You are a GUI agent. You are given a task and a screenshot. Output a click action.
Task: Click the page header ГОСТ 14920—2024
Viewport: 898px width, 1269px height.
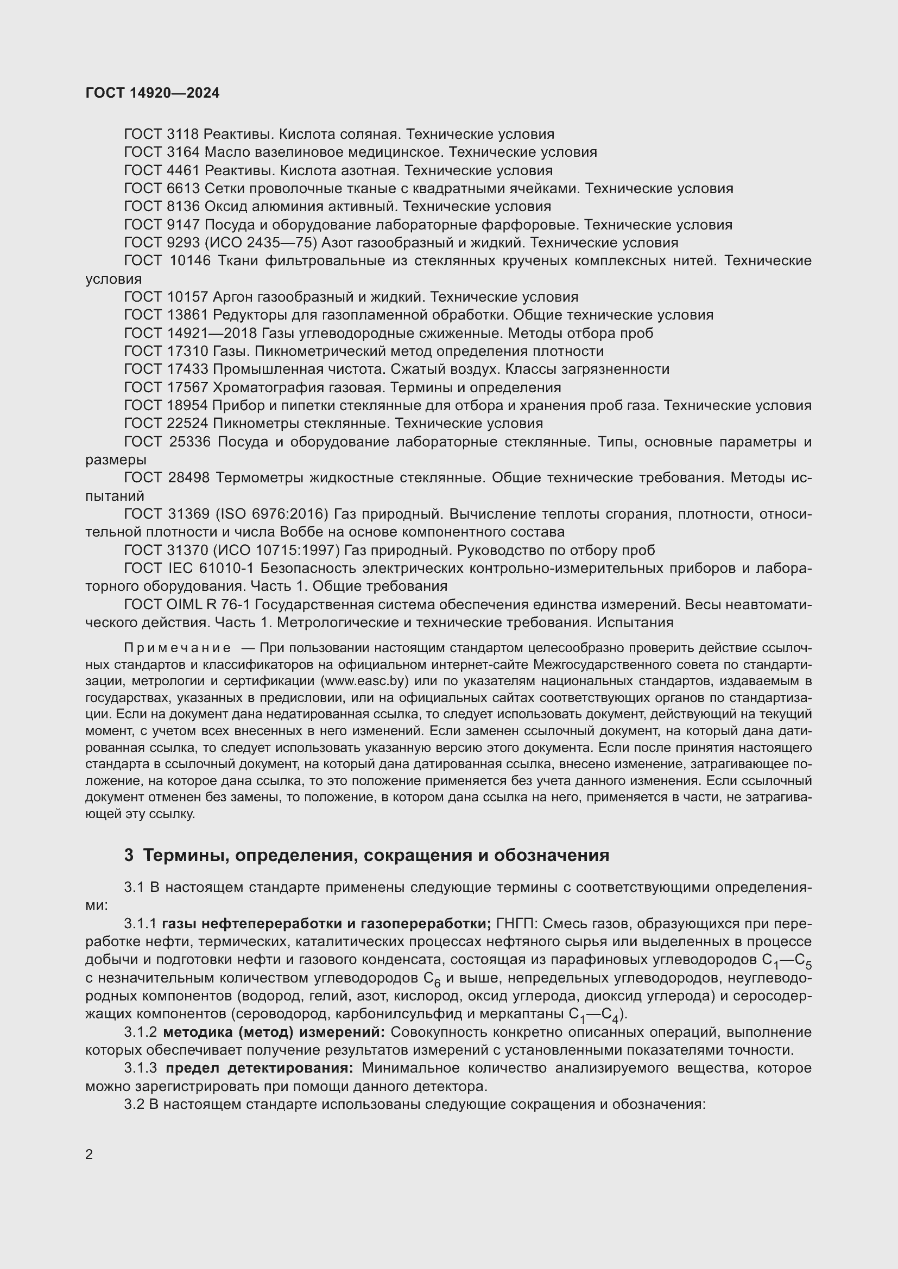pyautogui.click(x=153, y=93)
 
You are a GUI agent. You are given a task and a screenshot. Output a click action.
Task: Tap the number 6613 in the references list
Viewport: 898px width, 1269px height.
pyautogui.click(x=182, y=188)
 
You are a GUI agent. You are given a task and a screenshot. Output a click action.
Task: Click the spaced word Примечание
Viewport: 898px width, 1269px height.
pyautogui.click(x=178, y=648)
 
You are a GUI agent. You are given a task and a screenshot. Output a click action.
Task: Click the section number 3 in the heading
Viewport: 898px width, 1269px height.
pyautogui.click(x=129, y=855)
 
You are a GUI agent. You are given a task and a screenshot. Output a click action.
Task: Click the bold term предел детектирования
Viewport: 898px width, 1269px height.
pyautogui.click(x=260, y=1068)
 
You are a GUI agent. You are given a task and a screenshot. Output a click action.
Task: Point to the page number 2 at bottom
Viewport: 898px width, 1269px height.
pyautogui.click(x=90, y=1155)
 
